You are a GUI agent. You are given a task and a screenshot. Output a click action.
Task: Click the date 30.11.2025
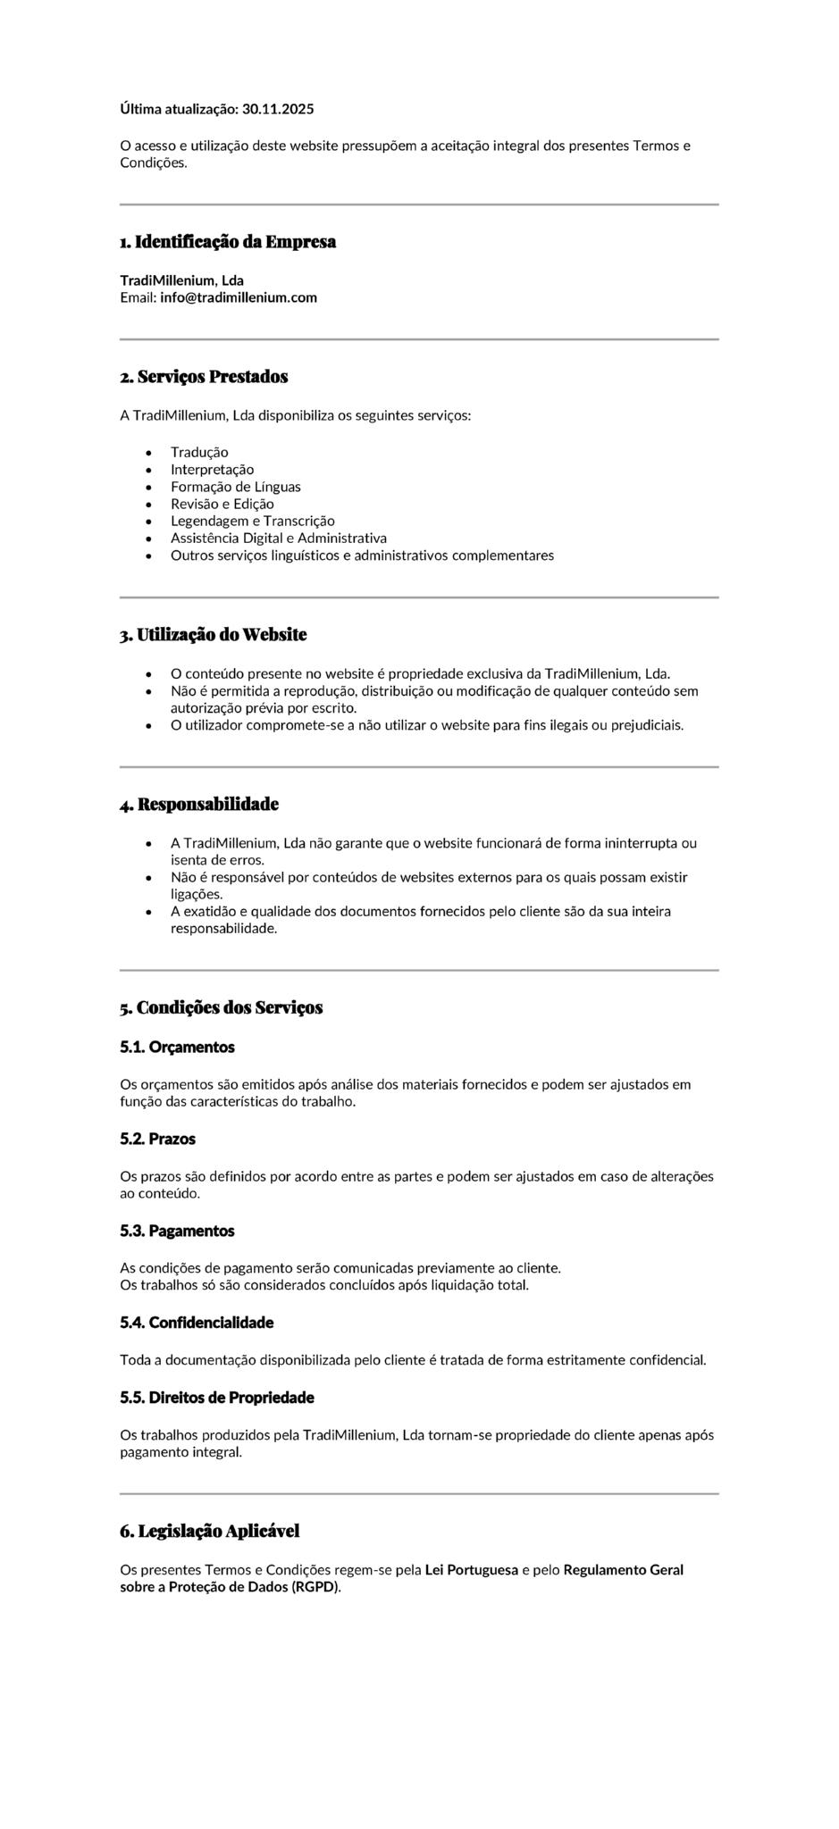point(278,109)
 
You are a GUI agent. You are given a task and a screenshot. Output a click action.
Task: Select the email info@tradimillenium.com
point(239,297)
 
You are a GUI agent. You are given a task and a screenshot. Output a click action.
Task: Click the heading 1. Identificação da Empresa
point(228,242)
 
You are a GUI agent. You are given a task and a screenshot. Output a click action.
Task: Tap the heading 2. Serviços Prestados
point(204,377)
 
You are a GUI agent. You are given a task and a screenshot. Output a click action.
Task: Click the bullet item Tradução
point(199,453)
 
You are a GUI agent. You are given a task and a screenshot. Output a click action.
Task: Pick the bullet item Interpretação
point(212,470)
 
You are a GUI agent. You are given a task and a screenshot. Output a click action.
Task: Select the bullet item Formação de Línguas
point(235,487)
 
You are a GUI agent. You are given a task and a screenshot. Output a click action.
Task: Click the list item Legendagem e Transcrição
point(252,521)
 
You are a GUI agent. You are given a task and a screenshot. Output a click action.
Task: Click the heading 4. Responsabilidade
point(199,805)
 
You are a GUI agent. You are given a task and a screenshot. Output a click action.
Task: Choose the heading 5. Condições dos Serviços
point(221,1008)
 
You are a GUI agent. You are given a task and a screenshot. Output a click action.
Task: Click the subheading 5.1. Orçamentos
point(177,1047)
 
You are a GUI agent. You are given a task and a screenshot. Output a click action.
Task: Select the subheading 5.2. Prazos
point(157,1139)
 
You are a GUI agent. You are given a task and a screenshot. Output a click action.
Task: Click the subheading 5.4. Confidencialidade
point(197,1323)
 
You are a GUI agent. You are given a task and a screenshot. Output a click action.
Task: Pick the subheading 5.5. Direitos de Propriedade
point(217,1398)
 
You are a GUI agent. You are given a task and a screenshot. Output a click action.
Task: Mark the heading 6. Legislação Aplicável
point(209,1532)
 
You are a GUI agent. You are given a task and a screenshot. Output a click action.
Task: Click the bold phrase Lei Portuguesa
point(471,1570)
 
